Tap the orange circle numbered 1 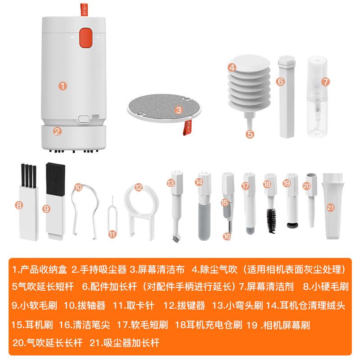[x=63, y=85]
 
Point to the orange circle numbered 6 [x=279, y=81]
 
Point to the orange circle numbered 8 [x=18, y=205]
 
